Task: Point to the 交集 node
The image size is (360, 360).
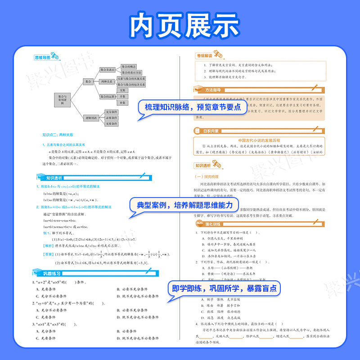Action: click(122, 90)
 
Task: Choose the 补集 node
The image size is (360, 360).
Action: click(122, 103)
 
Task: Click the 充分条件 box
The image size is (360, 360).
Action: click(112, 112)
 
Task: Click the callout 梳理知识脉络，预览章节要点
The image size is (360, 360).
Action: click(193, 107)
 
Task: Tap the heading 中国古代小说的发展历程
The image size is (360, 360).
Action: click(259, 139)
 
